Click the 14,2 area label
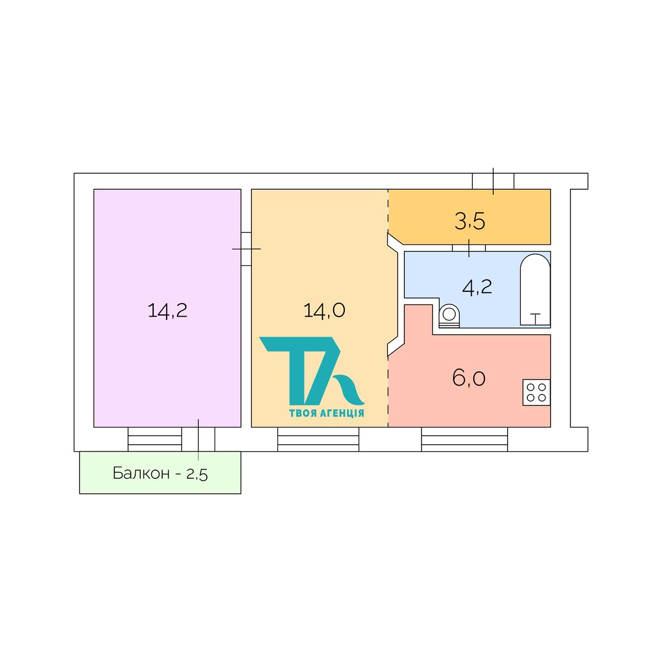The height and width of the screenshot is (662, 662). pyautogui.click(x=167, y=311)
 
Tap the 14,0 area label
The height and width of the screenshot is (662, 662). pyautogui.click(x=324, y=311)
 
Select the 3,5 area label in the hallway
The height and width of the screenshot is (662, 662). pyautogui.click(x=469, y=221)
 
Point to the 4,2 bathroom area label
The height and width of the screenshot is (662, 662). pyautogui.click(x=477, y=287)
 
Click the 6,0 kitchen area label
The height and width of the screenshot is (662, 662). pyautogui.click(x=469, y=378)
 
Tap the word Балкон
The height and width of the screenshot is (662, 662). pyautogui.click(x=141, y=473)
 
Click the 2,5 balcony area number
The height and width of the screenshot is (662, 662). pyautogui.click(x=197, y=474)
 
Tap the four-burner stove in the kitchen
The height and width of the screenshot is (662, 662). pyautogui.click(x=537, y=392)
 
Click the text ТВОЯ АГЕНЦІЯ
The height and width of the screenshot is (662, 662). pyautogui.click(x=327, y=413)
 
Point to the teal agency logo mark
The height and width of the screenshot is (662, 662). pyautogui.click(x=312, y=371)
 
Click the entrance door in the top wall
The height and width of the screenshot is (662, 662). pyautogui.click(x=493, y=181)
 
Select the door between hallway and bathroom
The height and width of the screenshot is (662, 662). pyautogui.click(x=469, y=248)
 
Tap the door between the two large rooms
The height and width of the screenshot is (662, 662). pyautogui.click(x=246, y=249)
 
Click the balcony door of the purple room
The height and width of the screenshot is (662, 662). pyautogui.click(x=198, y=439)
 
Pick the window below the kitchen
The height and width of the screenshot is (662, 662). pyautogui.click(x=465, y=439)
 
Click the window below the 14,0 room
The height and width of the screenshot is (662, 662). pyautogui.click(x=318, y=439)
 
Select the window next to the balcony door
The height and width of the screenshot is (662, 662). pyautogui.click(x=155, y=439)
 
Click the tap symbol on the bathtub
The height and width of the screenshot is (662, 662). pyautogui.click(x=535, y=318)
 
